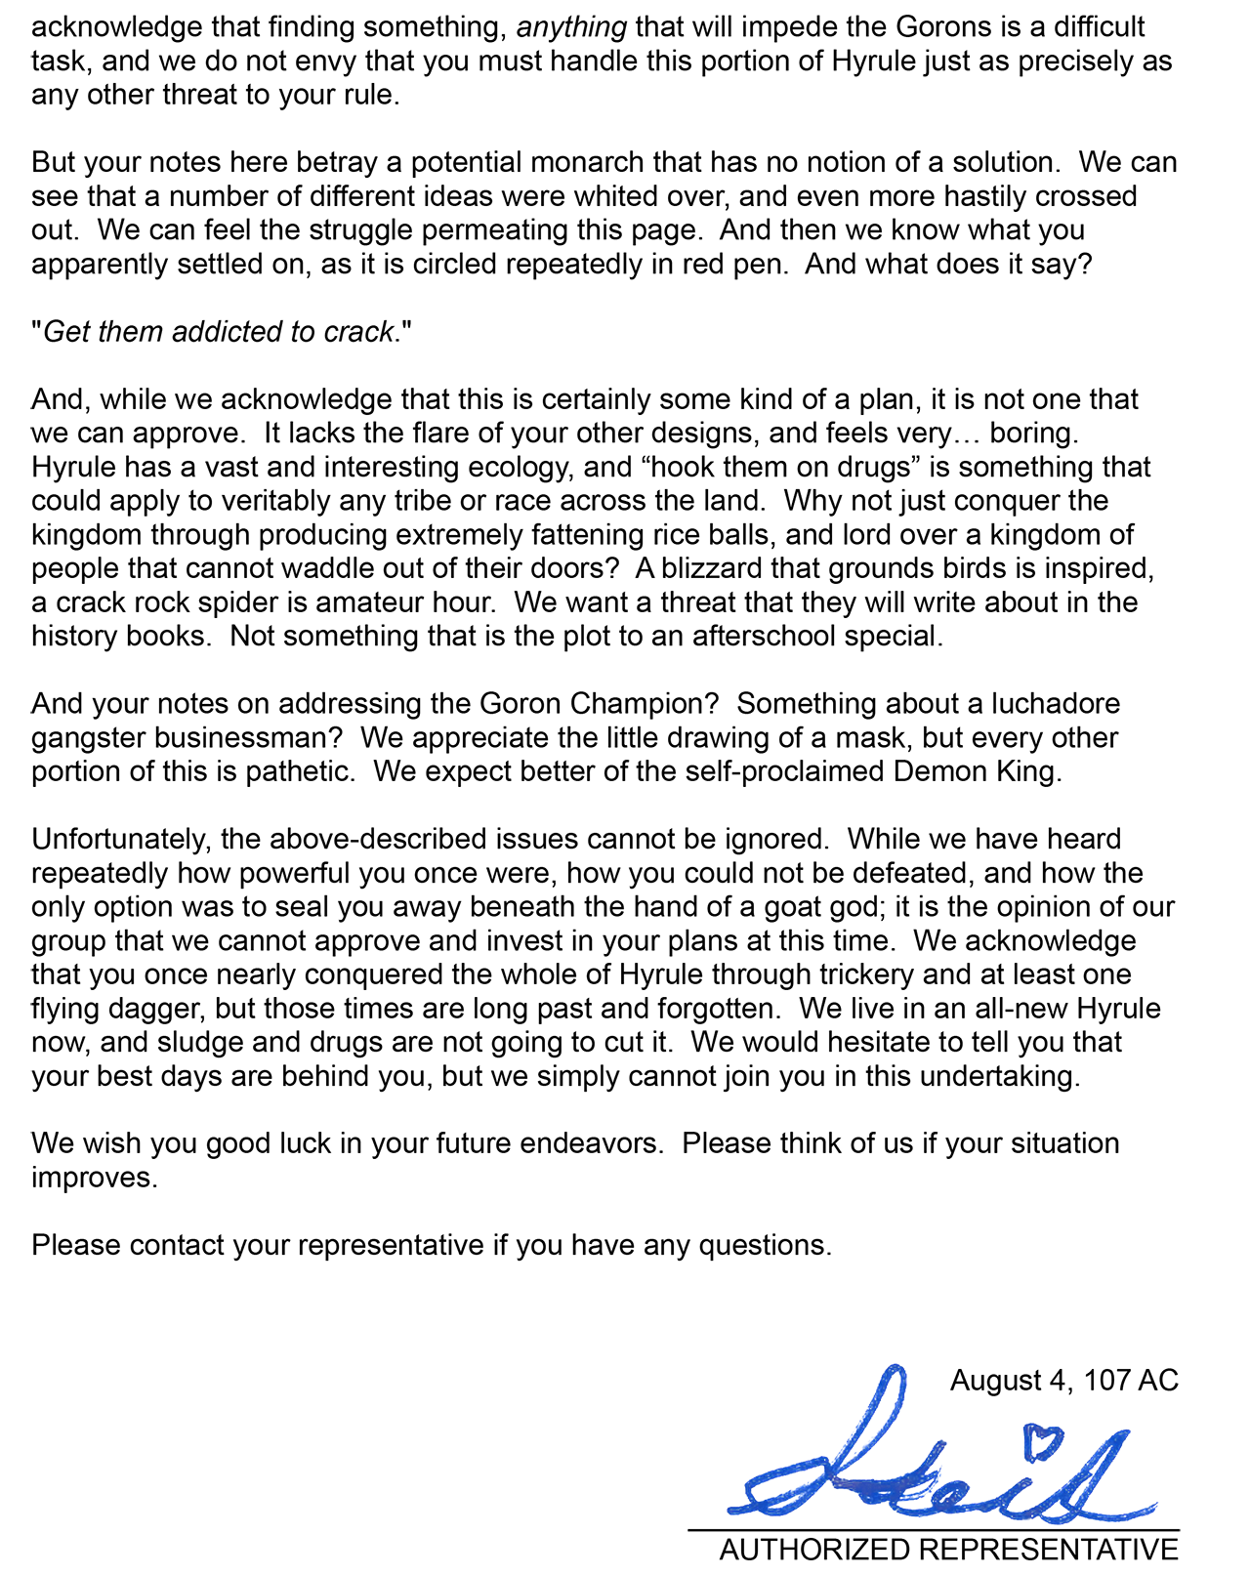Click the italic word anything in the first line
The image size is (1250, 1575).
tap(571, 26)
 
